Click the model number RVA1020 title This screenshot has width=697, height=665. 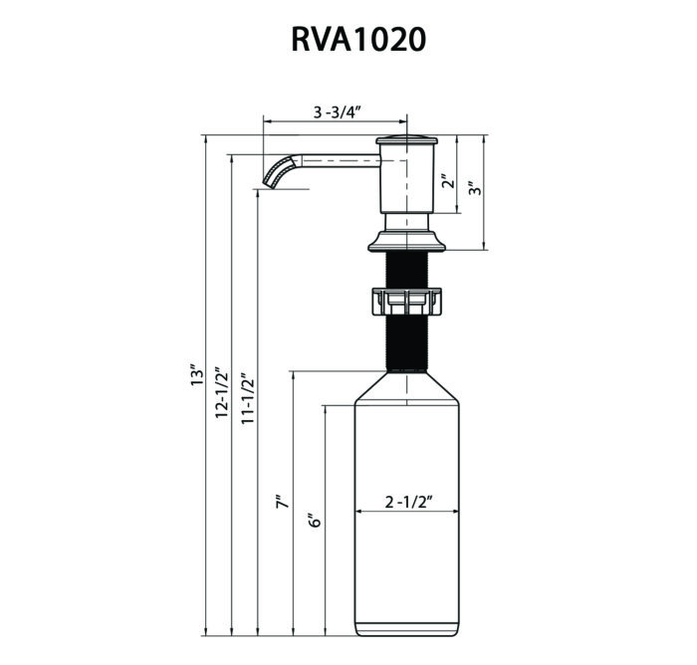tap(358, 39)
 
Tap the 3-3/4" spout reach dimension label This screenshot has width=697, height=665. tap(337, 112)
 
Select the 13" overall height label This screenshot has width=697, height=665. tap(196, 375)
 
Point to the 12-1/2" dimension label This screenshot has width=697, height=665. tap(222, 392)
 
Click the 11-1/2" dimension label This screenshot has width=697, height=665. tap(248, 396)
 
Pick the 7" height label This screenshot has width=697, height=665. tap(282, 501)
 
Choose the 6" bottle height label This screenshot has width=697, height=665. tap(315, 520)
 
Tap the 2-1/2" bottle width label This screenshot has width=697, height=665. tap(409, 503)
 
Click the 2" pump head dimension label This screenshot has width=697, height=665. tap(450, 182)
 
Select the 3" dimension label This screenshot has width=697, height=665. tap(476, 189)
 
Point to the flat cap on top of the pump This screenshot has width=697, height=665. tap(406, 139)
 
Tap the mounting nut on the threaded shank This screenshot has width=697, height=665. tap(406, 302)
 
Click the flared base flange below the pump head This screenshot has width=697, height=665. tap(406, 241)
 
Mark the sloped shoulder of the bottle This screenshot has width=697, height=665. tap(406, 387)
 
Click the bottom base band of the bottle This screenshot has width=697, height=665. tap(406, 629)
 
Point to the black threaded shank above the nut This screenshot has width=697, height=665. tap(406, 270)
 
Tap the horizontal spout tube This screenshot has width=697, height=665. tap(341, 161)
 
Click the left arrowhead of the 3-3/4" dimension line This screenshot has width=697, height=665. tap(267, 120)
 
